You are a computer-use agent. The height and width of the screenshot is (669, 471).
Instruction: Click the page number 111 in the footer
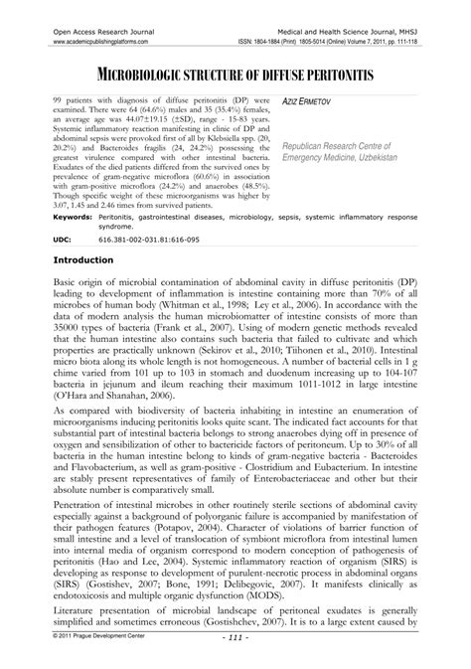(x=235, y=663)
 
